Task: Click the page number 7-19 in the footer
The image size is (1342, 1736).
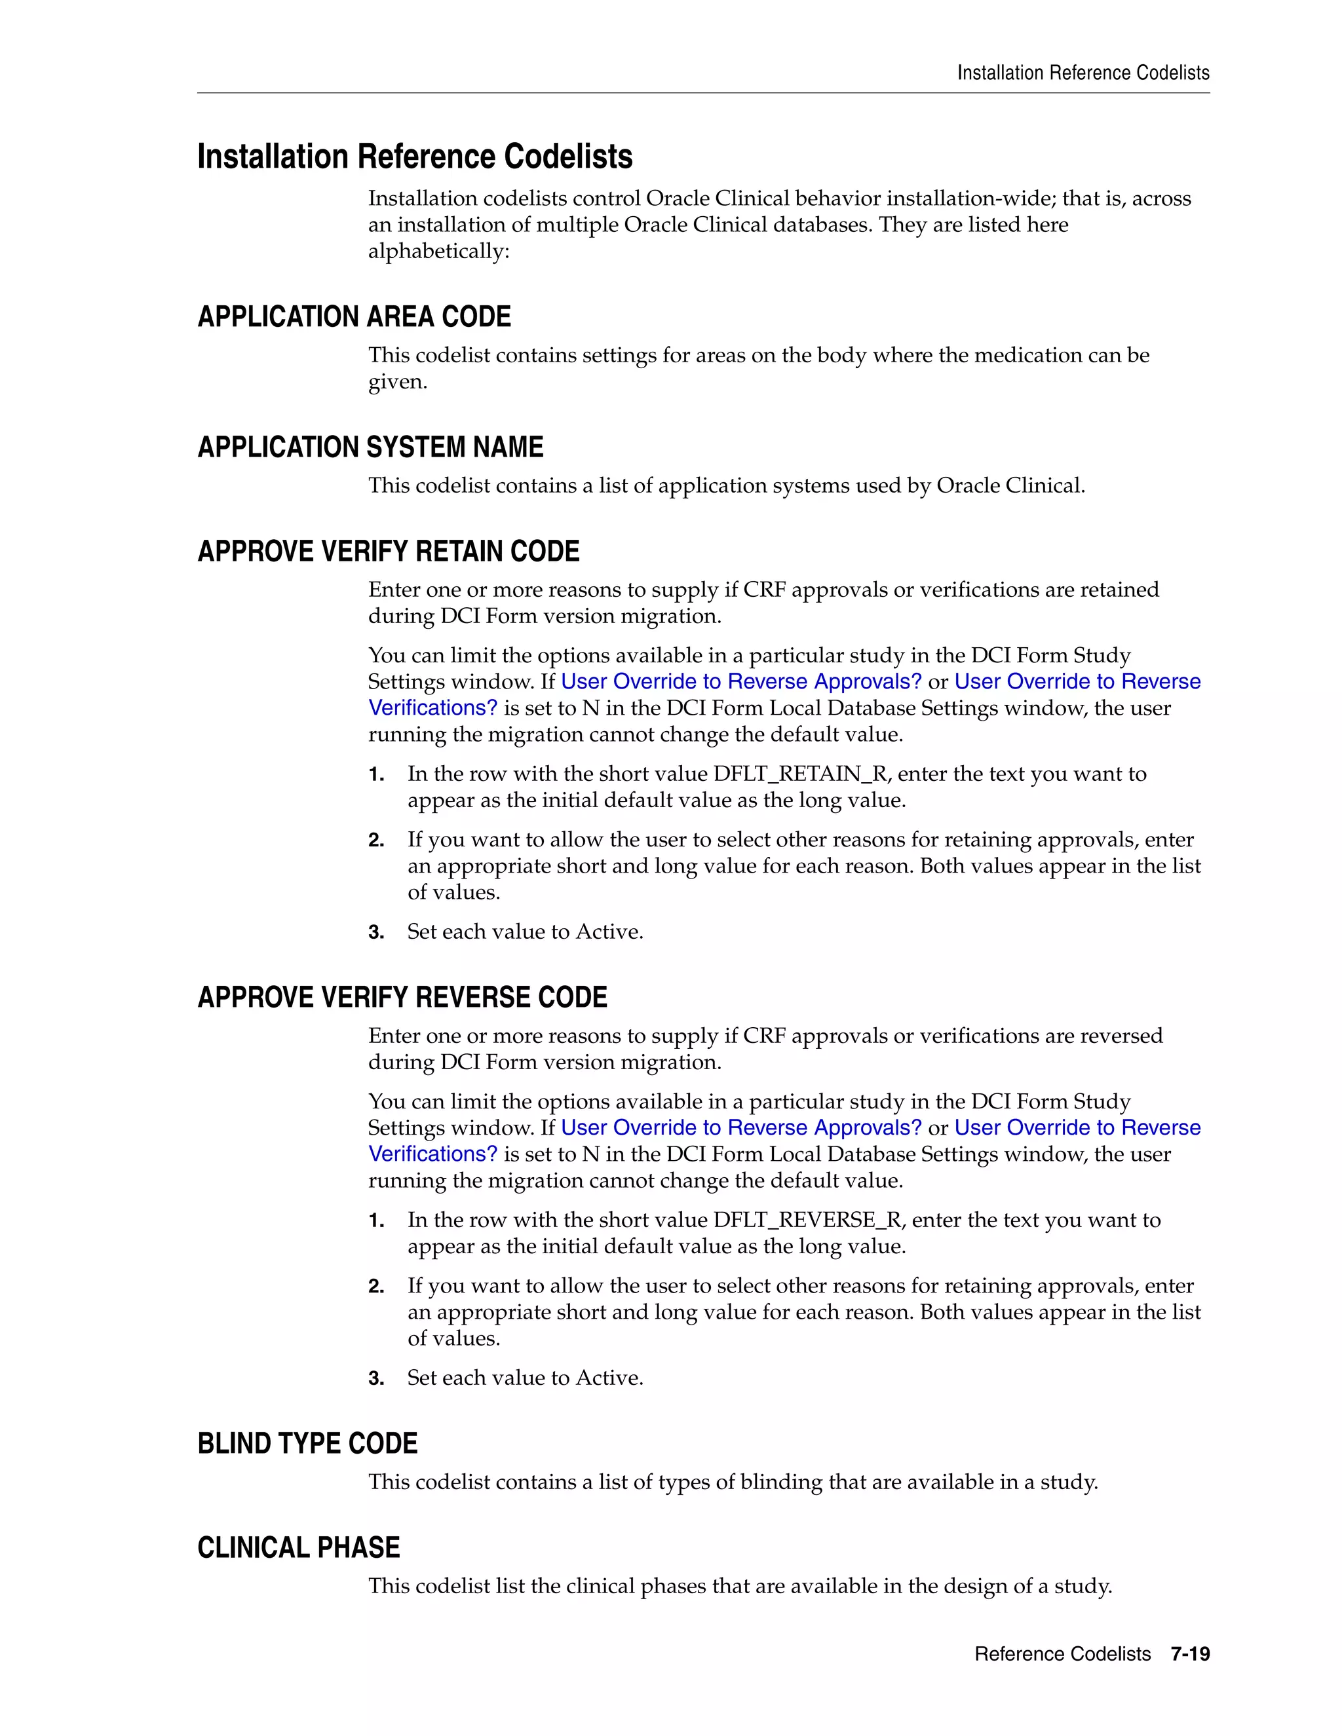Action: tap(1189, 1654)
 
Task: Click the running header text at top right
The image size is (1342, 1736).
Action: tap(1083, 73)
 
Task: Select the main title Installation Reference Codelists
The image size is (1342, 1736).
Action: tap(414, 157)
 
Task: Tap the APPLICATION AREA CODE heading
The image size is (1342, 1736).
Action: tap(354, 316)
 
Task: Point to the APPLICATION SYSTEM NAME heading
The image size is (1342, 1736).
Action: tap(370, 447)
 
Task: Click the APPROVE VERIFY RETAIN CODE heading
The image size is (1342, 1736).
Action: tap(388, 551)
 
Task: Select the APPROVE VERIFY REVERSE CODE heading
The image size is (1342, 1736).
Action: tap(402, 997)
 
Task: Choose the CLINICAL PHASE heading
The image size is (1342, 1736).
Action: tap(298, 1547)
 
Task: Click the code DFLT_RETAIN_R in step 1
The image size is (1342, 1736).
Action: tap(800, 774)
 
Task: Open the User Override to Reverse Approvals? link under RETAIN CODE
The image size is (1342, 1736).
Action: tap(741, 682)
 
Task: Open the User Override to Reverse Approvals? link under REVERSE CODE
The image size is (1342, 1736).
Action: tap(741, 1128)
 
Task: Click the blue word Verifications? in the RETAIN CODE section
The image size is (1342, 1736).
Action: tap(432, 708)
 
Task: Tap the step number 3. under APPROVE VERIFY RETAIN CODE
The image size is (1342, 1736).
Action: tap(376, 932)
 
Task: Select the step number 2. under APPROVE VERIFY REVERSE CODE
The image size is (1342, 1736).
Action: tap(376, 1286)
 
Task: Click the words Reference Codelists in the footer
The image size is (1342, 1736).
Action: tap(1062, 1654)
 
